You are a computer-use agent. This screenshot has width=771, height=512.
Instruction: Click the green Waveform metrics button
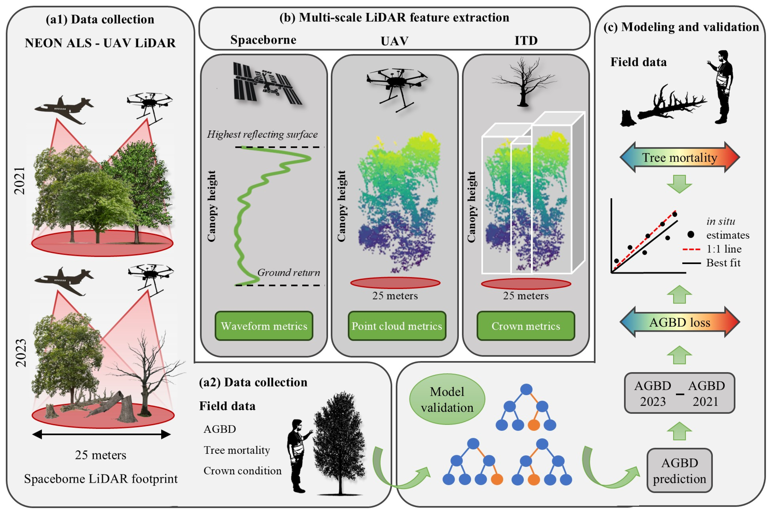click(x=264, y=326)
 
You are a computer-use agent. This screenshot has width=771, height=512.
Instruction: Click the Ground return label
click(x=288, y=272)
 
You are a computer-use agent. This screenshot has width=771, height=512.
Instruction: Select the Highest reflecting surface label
click(x=262, y=134)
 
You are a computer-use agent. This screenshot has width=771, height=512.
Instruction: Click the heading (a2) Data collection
click(x=253, y=382)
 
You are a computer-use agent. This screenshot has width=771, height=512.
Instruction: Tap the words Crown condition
click(x=242, y=470)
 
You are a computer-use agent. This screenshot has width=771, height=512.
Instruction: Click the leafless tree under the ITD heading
click(x=523, y=82)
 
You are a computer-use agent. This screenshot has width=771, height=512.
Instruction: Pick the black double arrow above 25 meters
click(x=101, y=434)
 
